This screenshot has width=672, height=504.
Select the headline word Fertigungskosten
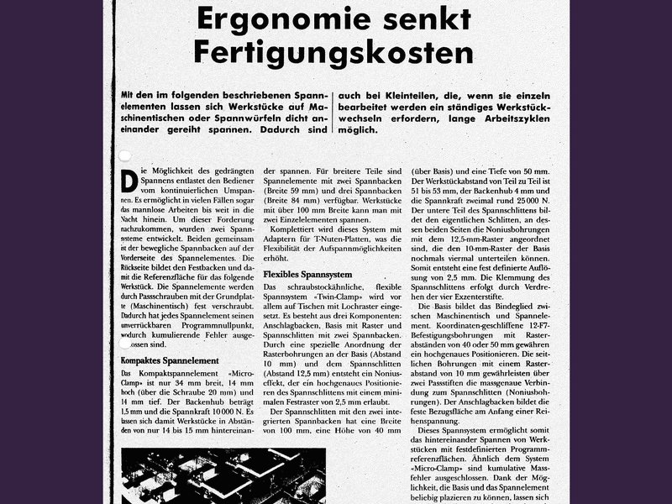pos(333,52)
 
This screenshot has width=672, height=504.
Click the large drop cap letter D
pos(129,181)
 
